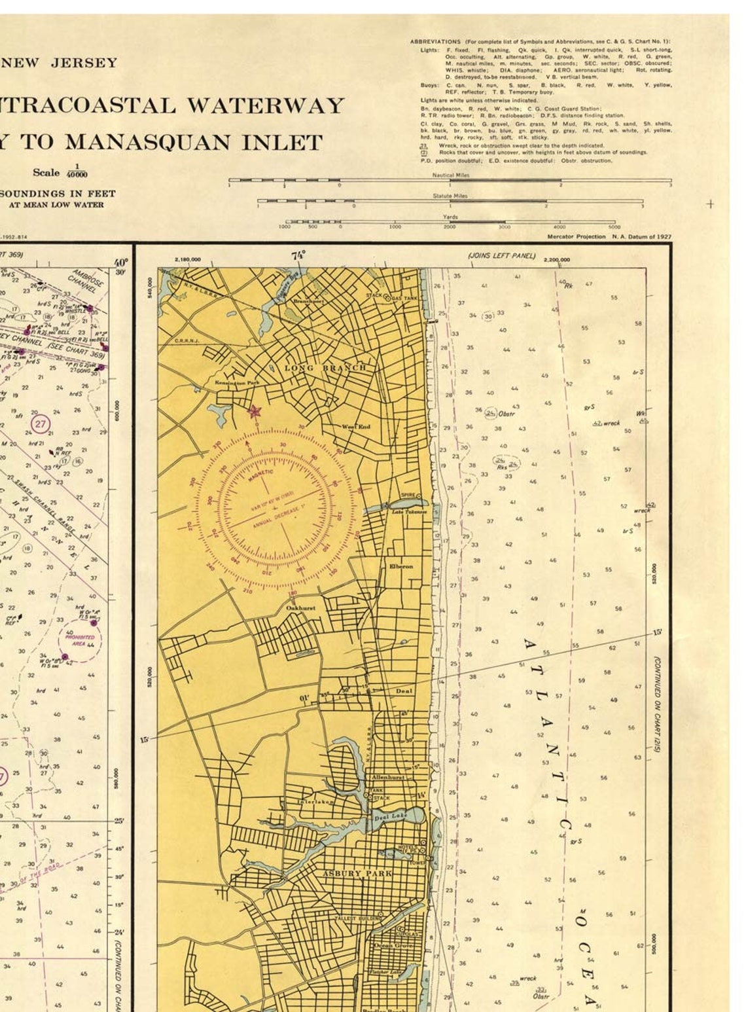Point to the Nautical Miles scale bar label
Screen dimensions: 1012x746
450,175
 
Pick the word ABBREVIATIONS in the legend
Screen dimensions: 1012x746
435,42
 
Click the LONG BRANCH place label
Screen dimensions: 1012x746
325,368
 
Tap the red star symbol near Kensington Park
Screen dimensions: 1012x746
254,411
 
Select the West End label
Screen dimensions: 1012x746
356,427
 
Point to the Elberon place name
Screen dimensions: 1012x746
400,566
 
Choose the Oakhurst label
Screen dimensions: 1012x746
300,608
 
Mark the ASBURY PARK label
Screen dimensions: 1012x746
357,873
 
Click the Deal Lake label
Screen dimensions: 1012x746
390,817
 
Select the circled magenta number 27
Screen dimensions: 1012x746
41,424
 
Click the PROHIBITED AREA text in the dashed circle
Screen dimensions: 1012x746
80,640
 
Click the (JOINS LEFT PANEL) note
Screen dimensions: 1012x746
501,256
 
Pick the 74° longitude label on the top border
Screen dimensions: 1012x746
298,255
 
